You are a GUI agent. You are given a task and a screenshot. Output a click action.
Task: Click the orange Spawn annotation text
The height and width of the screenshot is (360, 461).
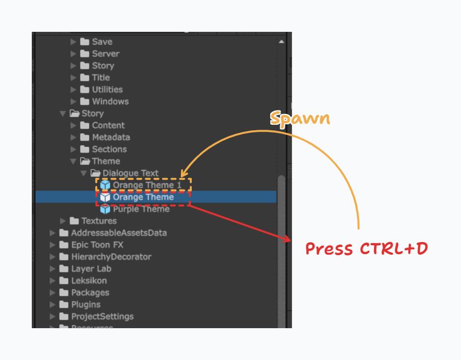pyautogui.click(x=300, y=118)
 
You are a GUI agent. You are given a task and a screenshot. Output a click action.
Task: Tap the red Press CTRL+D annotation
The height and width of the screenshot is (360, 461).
pyautogui.click(x=366, y=248)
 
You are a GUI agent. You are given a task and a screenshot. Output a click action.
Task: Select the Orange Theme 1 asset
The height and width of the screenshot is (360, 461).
pyautogui.click(x=143, y=185)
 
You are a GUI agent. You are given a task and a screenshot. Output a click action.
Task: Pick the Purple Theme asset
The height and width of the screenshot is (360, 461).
pyautogui.click(x=141, y=209)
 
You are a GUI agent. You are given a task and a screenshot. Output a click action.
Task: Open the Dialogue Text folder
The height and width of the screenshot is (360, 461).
pyautogui.click(x=130, y=173)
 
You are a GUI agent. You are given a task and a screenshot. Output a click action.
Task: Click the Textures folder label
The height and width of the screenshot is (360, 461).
pyautogui.click(x=99, y=221)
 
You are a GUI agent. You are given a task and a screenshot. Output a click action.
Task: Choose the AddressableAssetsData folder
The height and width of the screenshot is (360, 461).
pyautogui.click(x=119, y=233)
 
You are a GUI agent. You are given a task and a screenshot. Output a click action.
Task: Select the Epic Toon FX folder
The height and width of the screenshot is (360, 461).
pyautogui.click(x=97, y=245)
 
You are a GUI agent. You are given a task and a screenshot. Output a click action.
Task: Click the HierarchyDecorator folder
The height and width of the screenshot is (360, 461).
pyautogui.click(x=111, y=257)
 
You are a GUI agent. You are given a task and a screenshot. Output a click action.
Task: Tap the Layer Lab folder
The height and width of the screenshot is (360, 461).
pyautogui.click(x=91, y=269)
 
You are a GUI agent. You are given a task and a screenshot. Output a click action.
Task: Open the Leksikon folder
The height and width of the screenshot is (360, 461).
pyautogui.click(x=88, y=280)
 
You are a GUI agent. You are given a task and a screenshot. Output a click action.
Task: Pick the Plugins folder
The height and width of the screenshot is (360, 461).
pyautogui.click(x=85, y=304)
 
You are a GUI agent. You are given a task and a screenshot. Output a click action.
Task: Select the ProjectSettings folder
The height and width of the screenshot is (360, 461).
pyautogui.click(x=102, y=316)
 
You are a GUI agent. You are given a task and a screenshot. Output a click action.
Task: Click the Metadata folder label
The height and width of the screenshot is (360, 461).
pyautogui.click(x=111, y=137)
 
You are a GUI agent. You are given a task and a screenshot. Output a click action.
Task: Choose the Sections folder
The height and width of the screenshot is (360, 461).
pyautogui.click(x=109, y=149)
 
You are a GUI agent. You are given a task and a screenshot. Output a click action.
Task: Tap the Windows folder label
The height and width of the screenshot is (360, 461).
pyautogui.click(x=110, y=101)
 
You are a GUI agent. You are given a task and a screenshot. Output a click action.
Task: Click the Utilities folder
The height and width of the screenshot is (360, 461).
pyautogui.click(x=107, y=90)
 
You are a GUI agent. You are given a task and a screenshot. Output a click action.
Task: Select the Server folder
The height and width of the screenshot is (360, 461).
pyautogui.click(x=105, y=54)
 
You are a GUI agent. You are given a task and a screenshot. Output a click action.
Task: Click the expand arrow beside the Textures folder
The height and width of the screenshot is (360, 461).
pyautogui.click(x=63, y=221)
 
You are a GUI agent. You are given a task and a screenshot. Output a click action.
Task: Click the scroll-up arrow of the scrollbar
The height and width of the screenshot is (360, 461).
pyautogui.click(x=282, y=42)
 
